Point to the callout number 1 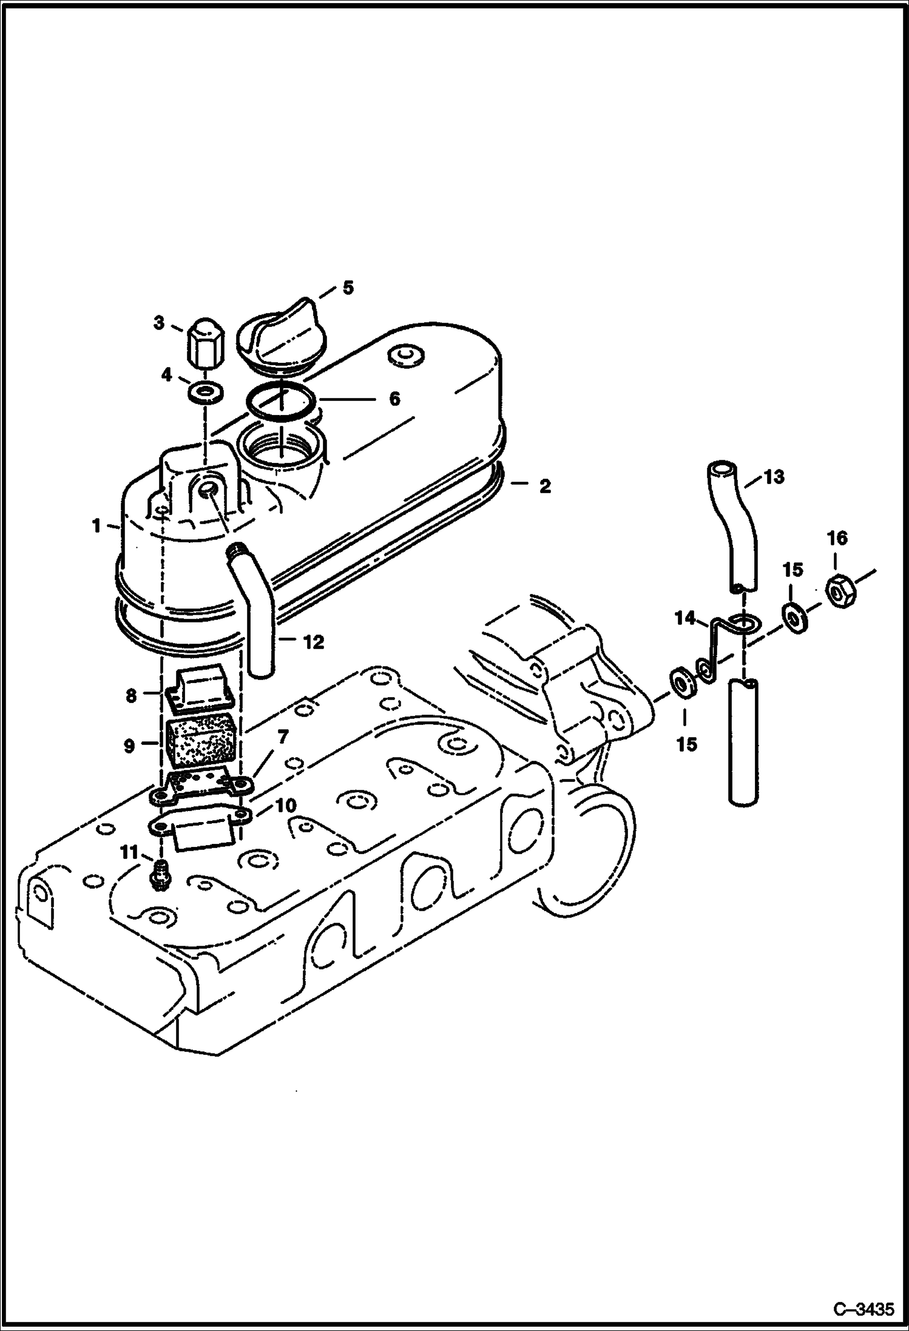96,526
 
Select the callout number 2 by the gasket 545,485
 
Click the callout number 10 286,806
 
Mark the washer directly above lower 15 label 684,683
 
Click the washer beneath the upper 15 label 793,618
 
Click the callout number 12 313,642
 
